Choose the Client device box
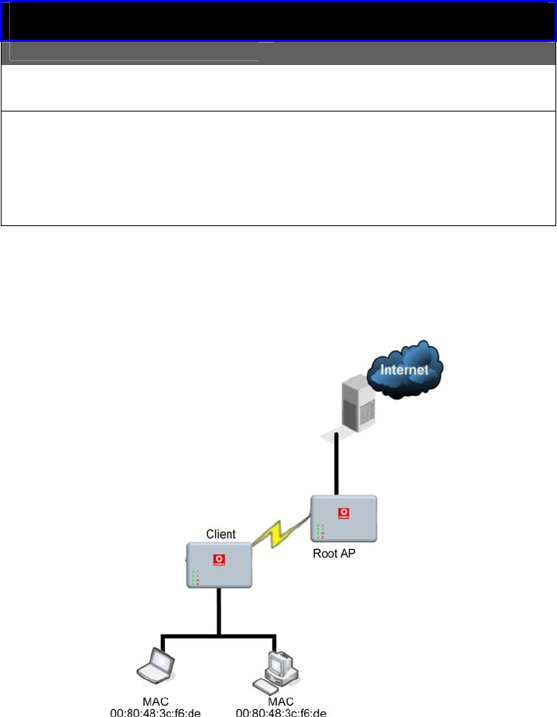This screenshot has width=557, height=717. click(x=220, y=564)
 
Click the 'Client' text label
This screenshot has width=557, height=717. click(x=220, y=534)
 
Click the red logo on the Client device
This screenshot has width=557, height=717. click(x=219, y=558)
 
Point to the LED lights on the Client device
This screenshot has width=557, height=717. click(x=195, y=578)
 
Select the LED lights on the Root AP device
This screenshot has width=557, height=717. click(x=319, y=531)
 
